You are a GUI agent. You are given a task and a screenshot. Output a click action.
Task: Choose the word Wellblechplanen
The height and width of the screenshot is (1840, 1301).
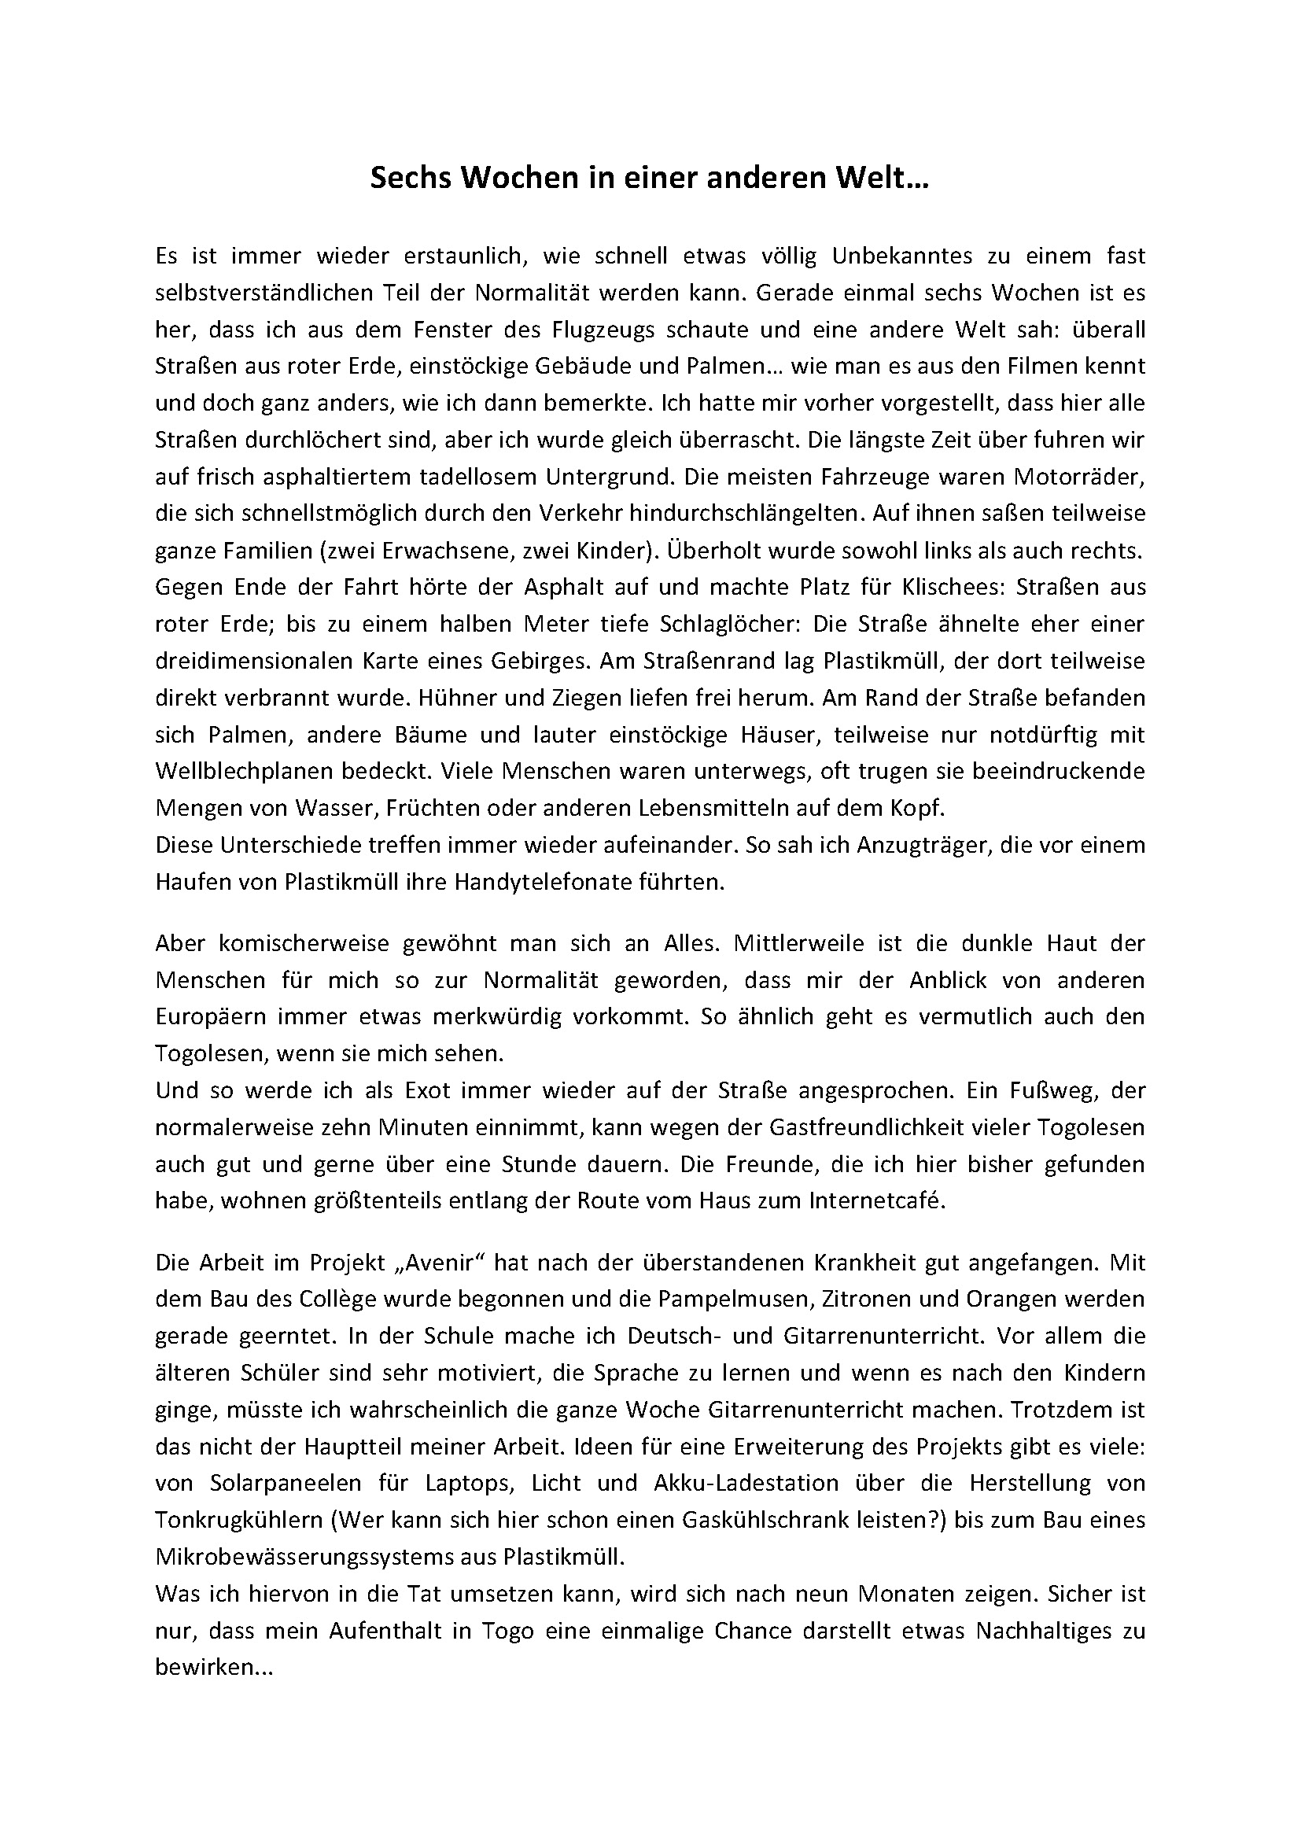[249, 772]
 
